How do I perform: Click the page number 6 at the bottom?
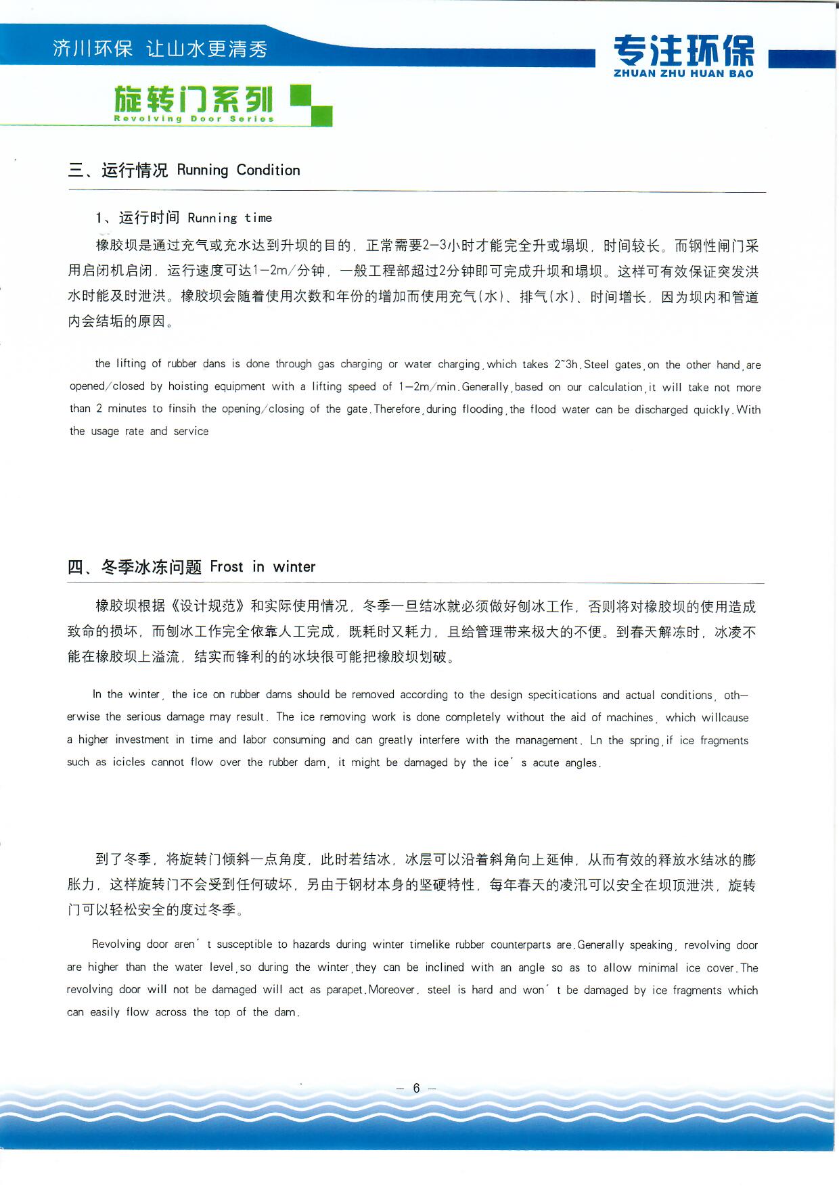click(x=416, y=1088)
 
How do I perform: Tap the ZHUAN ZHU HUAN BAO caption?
click(x=683, y=74)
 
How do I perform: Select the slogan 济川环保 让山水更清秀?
click(x=160, y=49)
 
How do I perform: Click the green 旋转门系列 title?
click(x=194, y=99)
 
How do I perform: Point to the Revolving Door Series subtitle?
click(x=194, y=119)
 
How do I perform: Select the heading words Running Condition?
click(x=238, y=170)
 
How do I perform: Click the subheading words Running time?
click(x=229, y=218)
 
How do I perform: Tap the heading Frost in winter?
click(x=263, y=567)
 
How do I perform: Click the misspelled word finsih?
click(x=182, y=409)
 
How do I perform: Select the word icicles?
click(x=129, y=762)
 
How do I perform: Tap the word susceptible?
click(x=244, y=944)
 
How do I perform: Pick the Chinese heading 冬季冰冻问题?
click(x=151, y=567)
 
